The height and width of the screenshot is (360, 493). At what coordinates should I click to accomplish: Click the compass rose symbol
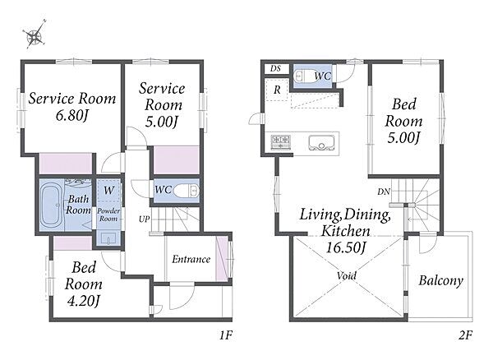[x=35, y=35]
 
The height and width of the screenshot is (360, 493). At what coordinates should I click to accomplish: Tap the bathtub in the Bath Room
[x=52, y=205]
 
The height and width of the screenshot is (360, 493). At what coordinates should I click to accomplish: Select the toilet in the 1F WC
[x=186, y=191]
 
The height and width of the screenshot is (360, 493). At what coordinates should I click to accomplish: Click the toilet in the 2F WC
[x=303, y=76]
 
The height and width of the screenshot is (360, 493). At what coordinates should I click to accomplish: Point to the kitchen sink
[x=321, y=143]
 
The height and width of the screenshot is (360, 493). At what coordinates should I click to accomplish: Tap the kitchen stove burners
[x=280, y=142]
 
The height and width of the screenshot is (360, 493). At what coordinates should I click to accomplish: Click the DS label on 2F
[x=275, y=68]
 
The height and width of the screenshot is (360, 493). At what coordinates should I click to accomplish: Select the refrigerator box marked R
[x=276, y=90]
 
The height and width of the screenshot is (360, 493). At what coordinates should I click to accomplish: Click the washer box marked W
[x=108, y=191]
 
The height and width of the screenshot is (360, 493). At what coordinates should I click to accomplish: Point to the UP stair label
[x=145, y=219]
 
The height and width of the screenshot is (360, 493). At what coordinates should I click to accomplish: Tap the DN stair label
[x=384, y=192]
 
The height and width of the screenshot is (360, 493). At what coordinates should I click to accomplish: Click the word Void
[x=347, y=275]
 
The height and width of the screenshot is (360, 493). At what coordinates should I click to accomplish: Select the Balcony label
[x=440, y=280]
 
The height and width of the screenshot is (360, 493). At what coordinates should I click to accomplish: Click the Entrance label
[x=191, y=259]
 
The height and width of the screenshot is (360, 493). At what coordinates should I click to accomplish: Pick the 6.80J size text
[x=71, y=115]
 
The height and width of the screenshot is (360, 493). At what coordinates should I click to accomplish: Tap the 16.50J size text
[x=346, y=247]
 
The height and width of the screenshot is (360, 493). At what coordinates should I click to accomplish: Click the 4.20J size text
[x=84, y=301]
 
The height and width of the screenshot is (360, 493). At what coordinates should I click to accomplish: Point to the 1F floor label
[x=226, y=335]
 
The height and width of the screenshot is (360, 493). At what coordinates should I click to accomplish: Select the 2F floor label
[x=465, y=335]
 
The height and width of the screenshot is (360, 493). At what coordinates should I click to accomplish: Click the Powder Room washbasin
[x=108, y=238]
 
